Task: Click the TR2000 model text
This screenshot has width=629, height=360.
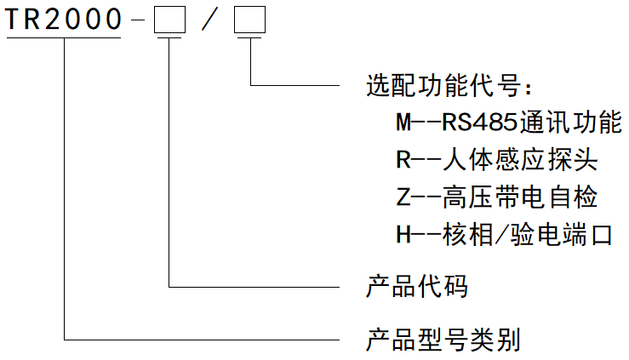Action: click(64, 20)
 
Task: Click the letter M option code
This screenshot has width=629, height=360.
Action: click(403, 123)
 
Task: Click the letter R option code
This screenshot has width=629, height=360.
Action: click(403, 160)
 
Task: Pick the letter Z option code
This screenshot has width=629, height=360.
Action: click(403, 197)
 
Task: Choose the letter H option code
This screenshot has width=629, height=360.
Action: click(403, 235)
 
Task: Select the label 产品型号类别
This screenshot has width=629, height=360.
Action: click(443, 340)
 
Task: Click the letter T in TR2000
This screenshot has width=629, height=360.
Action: click(14, 20)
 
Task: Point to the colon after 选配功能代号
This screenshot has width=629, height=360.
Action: click(527, 88)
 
